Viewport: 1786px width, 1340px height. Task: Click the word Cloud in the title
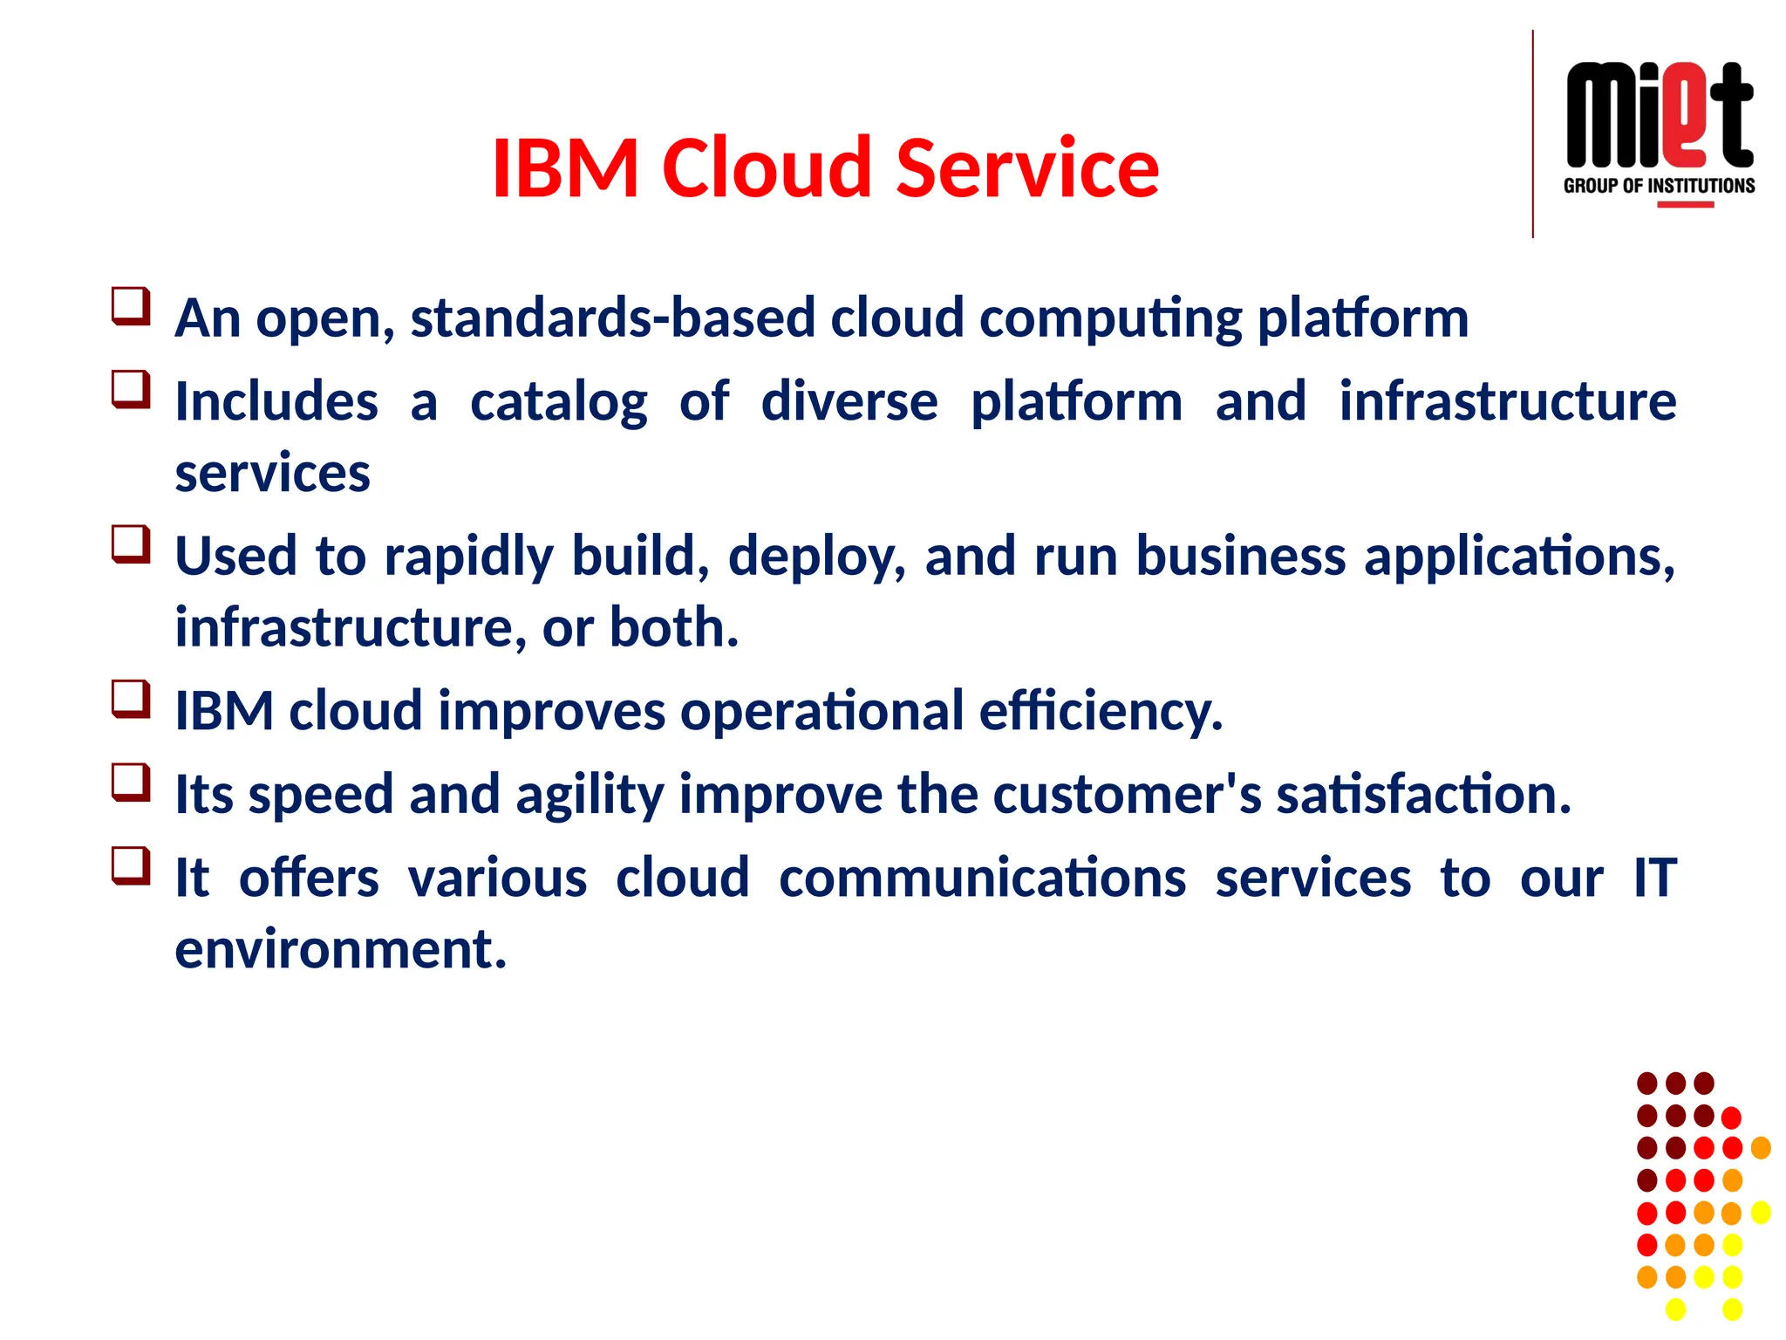(768, 167)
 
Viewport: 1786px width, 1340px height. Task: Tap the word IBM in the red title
(565, 167)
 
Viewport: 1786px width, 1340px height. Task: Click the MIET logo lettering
(1659, 116)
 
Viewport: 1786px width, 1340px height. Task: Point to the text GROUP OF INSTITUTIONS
(1659, 186)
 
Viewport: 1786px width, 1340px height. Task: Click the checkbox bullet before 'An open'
(131, 307)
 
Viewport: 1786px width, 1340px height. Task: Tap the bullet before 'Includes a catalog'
(131, 390)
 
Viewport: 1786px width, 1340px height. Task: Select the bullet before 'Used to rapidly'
(131, 544)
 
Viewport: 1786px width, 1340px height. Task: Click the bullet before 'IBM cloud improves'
(131, 700)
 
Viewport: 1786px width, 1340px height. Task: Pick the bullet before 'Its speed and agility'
(131, 783)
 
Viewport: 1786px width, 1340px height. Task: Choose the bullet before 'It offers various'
(131, 866)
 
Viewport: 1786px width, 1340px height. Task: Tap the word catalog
(558, 402)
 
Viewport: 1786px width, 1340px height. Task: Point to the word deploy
(817, 557)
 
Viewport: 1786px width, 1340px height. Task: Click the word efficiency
(1101, 711)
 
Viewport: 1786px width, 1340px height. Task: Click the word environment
(340, 949)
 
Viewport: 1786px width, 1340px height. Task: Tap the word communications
(982, 878)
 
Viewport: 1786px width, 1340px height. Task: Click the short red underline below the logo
(1685, 205)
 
